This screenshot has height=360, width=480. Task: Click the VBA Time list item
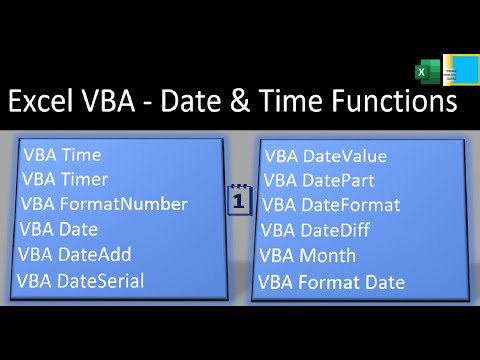[x=61, y=156]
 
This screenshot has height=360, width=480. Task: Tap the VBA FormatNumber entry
[x=104, y=204]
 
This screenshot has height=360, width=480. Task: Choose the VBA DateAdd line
[x=75, y=254]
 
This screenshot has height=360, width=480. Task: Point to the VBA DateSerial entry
[x=81, y=280]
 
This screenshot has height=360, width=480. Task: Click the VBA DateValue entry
[x=325, y=156]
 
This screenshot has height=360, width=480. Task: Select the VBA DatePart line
[x=319, y=181]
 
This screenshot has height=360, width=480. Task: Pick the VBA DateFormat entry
[x=331, y=206]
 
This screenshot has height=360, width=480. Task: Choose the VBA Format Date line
[x=331, y=282]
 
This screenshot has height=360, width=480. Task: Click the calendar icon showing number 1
[x=239, y=200]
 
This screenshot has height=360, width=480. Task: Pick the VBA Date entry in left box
[x=58, y=229]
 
